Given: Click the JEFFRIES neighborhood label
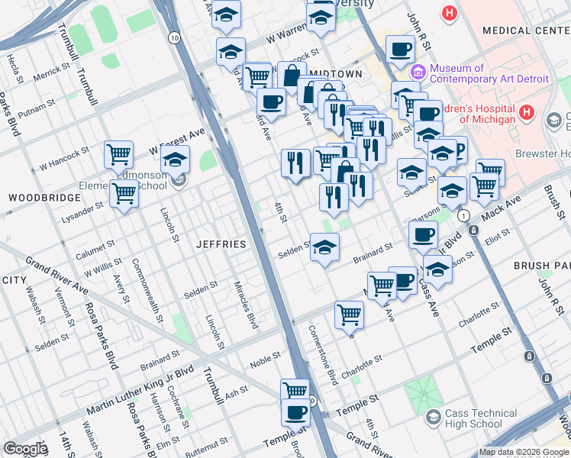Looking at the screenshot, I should [221, 244].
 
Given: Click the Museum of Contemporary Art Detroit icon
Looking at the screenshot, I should [418, 73].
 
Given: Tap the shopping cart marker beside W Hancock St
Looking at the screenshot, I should [119, 155].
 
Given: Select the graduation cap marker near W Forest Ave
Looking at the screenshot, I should [175, 161].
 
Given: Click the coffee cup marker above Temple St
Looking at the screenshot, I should [295, 413].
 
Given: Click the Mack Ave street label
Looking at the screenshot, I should [501, 207].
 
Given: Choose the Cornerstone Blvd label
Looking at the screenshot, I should [322, 355].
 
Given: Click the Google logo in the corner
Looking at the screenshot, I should [24, 449].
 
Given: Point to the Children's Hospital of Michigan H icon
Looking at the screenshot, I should [525, 113].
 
